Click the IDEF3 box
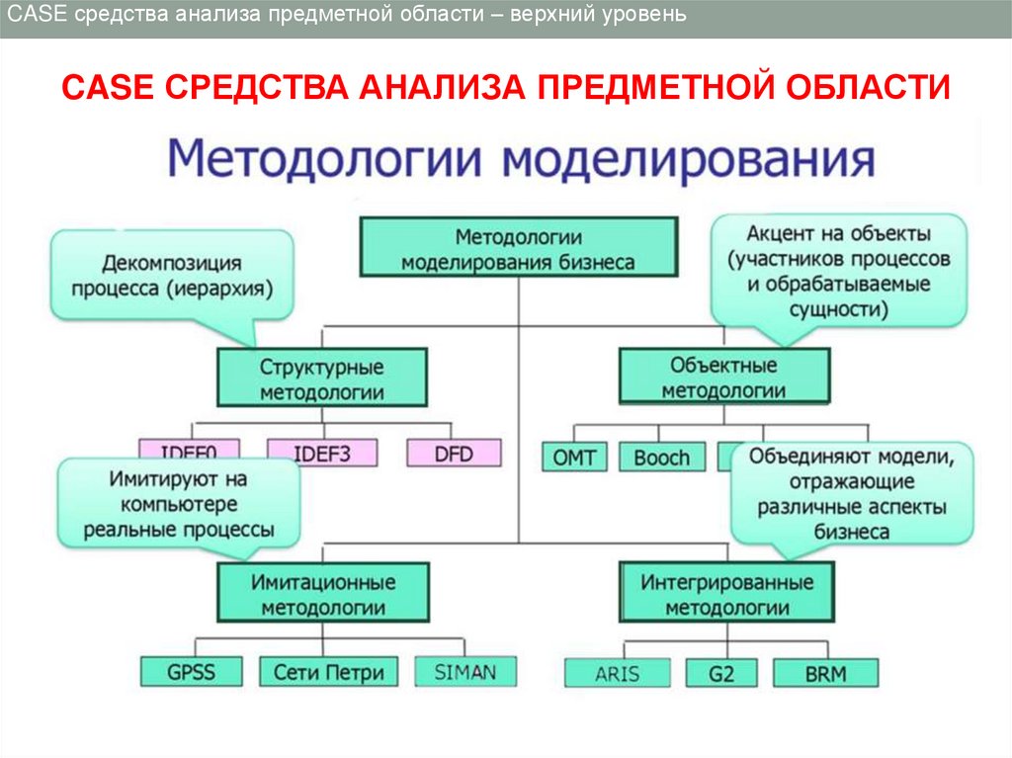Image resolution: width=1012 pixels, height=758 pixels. coord(321,454)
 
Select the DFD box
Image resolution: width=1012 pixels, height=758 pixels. coord(454,454)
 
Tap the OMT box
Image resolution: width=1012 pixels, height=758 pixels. coord(573,458)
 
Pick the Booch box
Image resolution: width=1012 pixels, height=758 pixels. coord(661,458)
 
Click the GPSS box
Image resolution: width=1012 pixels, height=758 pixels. coord(191,672)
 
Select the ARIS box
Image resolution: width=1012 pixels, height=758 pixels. coord(617,674)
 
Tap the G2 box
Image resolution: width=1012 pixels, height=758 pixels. coord(720,674)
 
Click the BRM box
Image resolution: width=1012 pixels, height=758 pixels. coord(825,674)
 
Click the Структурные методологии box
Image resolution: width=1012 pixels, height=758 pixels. coord(322,379)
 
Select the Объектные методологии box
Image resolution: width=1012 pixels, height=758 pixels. coord(723,378)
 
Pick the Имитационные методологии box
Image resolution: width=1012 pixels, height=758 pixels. coord(322,593)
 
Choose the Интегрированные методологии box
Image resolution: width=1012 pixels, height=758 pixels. coord(725,593)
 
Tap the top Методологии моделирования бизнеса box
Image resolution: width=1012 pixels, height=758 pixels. coord(518,249)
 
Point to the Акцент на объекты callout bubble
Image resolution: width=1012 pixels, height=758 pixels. coord(838,271)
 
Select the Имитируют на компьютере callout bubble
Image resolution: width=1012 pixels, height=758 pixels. coord(179,503)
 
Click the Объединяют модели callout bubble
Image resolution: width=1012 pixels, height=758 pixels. coord(851,493)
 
